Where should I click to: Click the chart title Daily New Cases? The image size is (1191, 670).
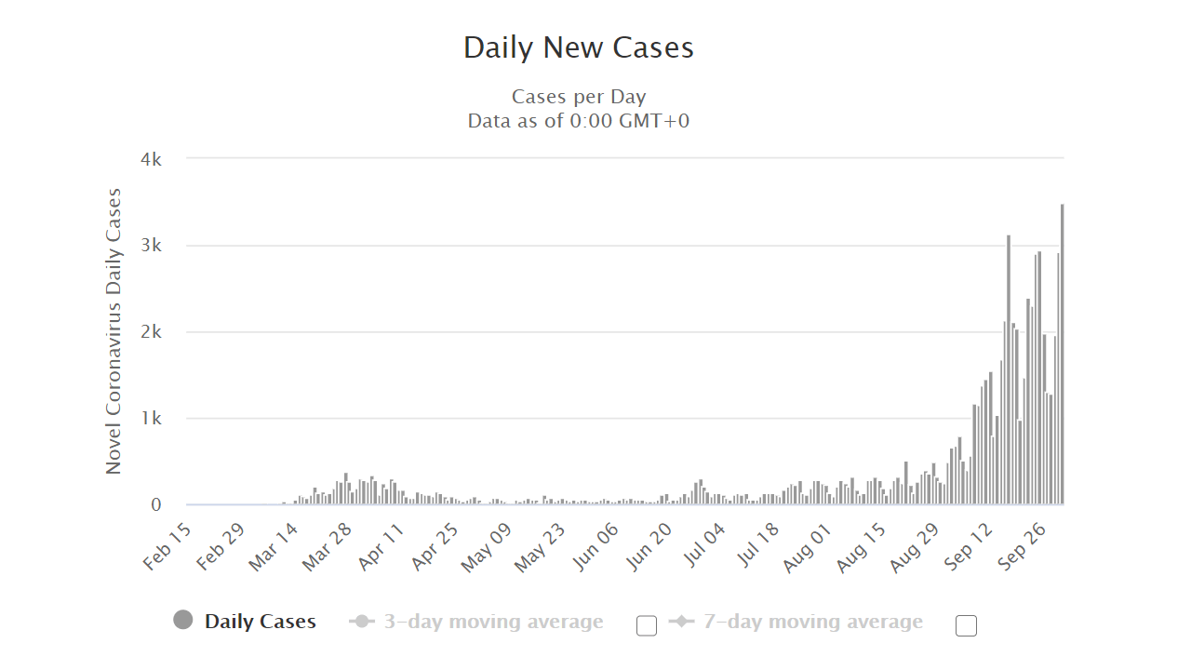pyautogui.click(x=578, y=47)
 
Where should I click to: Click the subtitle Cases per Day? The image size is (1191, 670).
pyautogui.click(x=578, y=97)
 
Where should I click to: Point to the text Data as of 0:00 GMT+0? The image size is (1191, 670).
pyautogui.click(x=578, y=121)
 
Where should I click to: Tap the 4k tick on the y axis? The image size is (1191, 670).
pyautogui.click(x=151, y=159)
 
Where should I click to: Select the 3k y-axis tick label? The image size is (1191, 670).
pyautogui.click(x=151, y=246)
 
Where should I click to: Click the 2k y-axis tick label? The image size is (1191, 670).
pyautogui.click(x=151, y=332)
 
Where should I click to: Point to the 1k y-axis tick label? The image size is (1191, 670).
pyautogui.click(x=151, y=419)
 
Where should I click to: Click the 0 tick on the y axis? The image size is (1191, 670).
pyautogui.click(x=155, y=505)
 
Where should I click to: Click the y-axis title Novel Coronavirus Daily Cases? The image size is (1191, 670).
pyautogui.click(x=114, y=331)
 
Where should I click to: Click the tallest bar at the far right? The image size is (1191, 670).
pyautogui.click(x=1062, y=354)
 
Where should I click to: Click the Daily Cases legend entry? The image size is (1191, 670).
pyautogui.click(x=260, y=622)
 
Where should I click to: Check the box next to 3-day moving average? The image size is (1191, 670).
pyautogui.click(x=647, y=625)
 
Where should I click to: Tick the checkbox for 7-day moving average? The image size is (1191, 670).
pyautogui.click(x=966, y=625)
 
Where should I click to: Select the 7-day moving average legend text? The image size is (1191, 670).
pyautogui.click(x=812, y=622)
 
